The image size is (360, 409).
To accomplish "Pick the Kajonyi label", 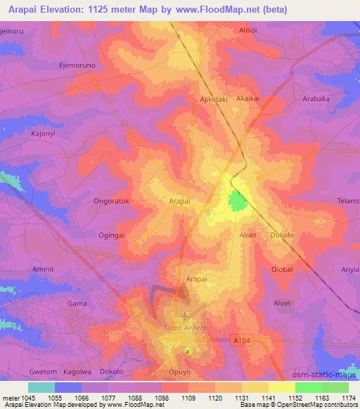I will tap(27, 133).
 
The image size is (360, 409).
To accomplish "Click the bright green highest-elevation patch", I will tap(238, 202).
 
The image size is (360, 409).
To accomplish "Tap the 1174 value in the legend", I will tap(348, 398).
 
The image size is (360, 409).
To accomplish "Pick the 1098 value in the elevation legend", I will tap(162, 398).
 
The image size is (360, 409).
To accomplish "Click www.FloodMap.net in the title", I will tap(221, 8).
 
